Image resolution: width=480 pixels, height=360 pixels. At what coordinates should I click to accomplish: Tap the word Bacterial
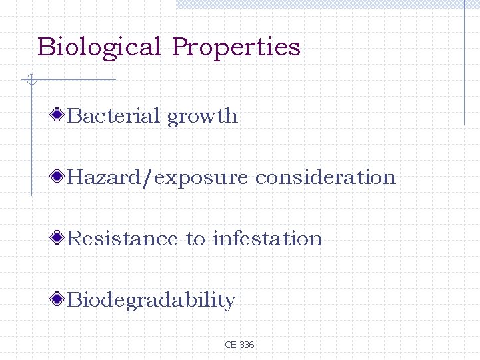click(114, 116)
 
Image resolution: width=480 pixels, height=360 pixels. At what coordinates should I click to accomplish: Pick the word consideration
click(325, 177)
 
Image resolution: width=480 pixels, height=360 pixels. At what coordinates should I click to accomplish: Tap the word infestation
click(267, 239)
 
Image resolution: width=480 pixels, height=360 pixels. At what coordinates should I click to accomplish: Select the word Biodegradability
click(151, 301)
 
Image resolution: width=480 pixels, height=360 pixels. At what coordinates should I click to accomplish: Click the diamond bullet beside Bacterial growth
click(59, 115)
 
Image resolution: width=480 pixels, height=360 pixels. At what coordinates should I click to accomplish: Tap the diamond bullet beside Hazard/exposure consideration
click(59, 177)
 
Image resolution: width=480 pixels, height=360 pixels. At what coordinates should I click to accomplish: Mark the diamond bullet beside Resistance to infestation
click(59, 238)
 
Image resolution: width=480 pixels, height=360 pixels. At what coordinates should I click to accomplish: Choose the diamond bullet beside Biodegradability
click(59, 299)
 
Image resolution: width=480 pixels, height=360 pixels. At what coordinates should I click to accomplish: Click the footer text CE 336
click(239, 345)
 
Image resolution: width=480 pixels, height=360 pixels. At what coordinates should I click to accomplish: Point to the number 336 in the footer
click(246, 345)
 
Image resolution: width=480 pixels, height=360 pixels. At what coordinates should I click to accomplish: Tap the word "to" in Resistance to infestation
click(196, 239)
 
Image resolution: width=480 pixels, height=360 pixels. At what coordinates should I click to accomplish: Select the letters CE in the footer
click(231, 345)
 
